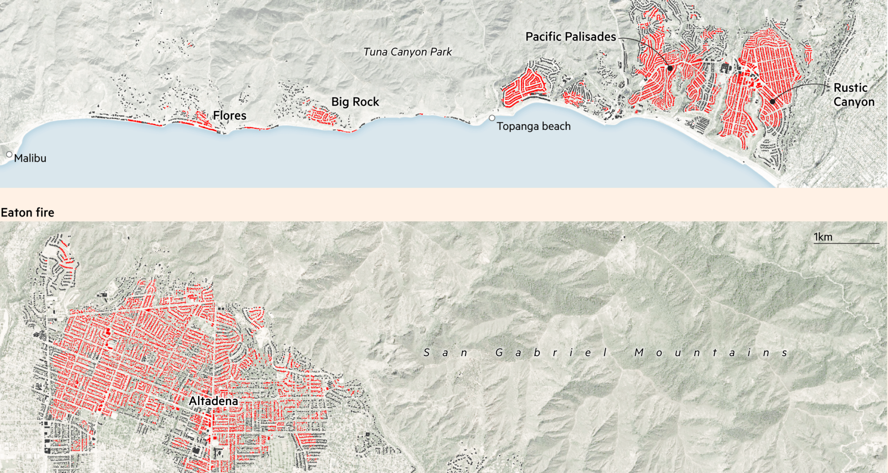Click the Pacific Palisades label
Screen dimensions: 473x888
[x=571, y=37]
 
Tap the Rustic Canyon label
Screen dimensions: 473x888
[x=854, y=95]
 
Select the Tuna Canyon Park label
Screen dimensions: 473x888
[x=407, y=52]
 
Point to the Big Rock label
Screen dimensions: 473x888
[x=355, y=102]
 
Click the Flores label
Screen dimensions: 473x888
[x=229, y=115]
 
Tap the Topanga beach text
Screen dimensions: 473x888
[x=533, y=127]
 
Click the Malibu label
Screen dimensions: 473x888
[x=30, y=158]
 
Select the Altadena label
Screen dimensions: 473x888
[x=213, y=401]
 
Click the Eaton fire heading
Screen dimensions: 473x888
[x=27, y=212]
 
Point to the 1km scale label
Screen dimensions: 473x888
[x=823, y=237]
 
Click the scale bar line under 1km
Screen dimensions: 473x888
[x=846, y=243]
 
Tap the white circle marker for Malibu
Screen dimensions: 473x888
[x=9, y=154]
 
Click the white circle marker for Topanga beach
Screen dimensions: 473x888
[x=492, y=118]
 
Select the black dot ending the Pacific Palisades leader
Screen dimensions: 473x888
[x=670, y=68]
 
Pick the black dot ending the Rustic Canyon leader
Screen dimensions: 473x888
[x=772, y=102]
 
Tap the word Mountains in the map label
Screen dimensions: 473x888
[x=711, y=353]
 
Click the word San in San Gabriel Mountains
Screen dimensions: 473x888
[x=445, y=353]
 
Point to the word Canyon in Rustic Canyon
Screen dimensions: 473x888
[x=854, y=102]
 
